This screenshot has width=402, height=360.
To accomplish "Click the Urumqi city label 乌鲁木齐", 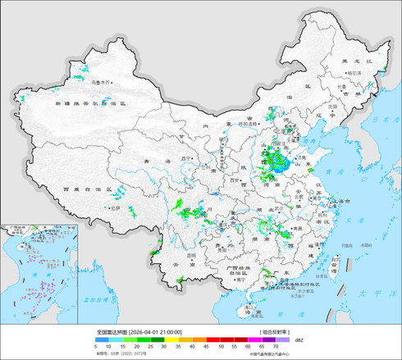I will click(x=102, y=82).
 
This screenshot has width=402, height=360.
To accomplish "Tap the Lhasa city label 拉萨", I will click(x=116, y=208).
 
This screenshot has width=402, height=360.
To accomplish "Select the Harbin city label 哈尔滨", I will click(x=354, y=73).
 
